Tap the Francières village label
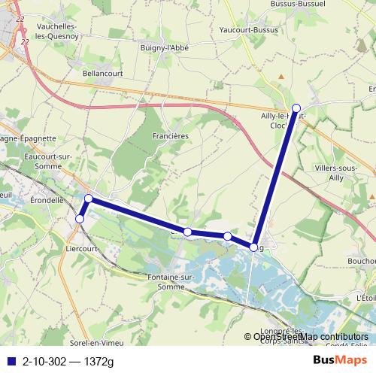(x=170, y=135)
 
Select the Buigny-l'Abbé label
(x=164, y=47)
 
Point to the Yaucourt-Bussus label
(x=243, y=30)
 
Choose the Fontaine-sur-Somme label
(x=173, y=283)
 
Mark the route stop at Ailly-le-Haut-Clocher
(x=296, y=108)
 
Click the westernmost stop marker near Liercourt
(x=80, y=219)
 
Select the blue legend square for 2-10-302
(x=11, y=362)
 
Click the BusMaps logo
(x=340, y=361)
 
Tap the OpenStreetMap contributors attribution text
(x=311, y=337)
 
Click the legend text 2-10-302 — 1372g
(x=68, y=362)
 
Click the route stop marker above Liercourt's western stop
(x=88, y=199)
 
